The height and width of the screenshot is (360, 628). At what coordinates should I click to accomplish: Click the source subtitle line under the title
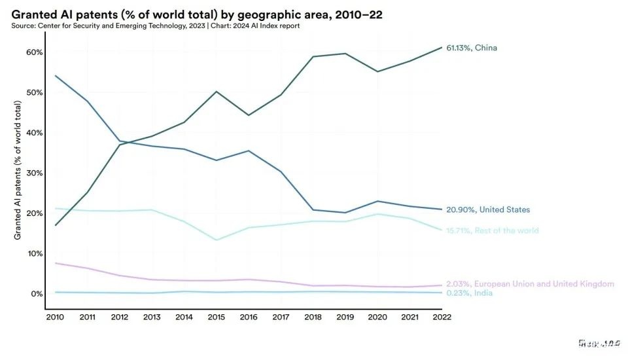(x=156, y=26)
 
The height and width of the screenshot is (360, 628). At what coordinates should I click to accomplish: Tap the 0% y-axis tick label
(x=37, y=294)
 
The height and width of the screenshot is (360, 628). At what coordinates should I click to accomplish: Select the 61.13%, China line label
(x=476, y=48)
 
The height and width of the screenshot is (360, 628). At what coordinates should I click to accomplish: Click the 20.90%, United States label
(x=488, y=210)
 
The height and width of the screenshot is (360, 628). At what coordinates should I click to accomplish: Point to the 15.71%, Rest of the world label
(x=493, y=230)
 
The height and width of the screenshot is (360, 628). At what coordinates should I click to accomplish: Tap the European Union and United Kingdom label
(x=530, y=284)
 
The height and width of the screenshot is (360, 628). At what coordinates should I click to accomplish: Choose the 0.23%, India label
(x=469, y=293)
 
